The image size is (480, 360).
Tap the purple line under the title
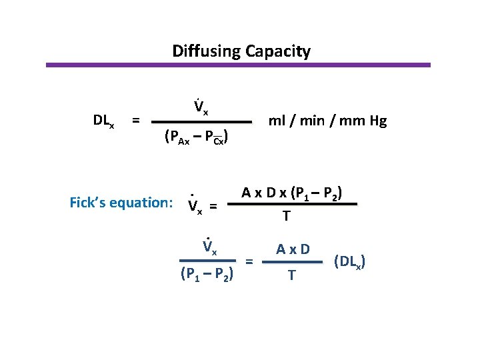pyautogui.click(x=238, y=65)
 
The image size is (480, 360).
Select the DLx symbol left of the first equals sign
pyautogui.click(x=104, y=121)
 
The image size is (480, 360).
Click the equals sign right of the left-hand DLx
pyautogui.click(x=135, y=120)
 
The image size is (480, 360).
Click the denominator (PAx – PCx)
pyautogui.click(x=197, y=137)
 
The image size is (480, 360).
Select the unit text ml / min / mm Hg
pyautogui.click(x=327, y=121)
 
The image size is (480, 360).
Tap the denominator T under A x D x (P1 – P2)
pyautogui.click(x=286, y=216)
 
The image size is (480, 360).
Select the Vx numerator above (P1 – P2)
pyautogui.click(x=209, y=248)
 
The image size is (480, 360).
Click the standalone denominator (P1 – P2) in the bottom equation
pyautogui.click(x=207, y=275)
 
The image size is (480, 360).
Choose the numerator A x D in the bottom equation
pyautogui.click(x=292, y=250)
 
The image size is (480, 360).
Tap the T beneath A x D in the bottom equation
pyautogui.click(x=291, y=275)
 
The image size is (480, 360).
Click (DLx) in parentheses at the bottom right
pyautogui.click(x=349, y=261)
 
